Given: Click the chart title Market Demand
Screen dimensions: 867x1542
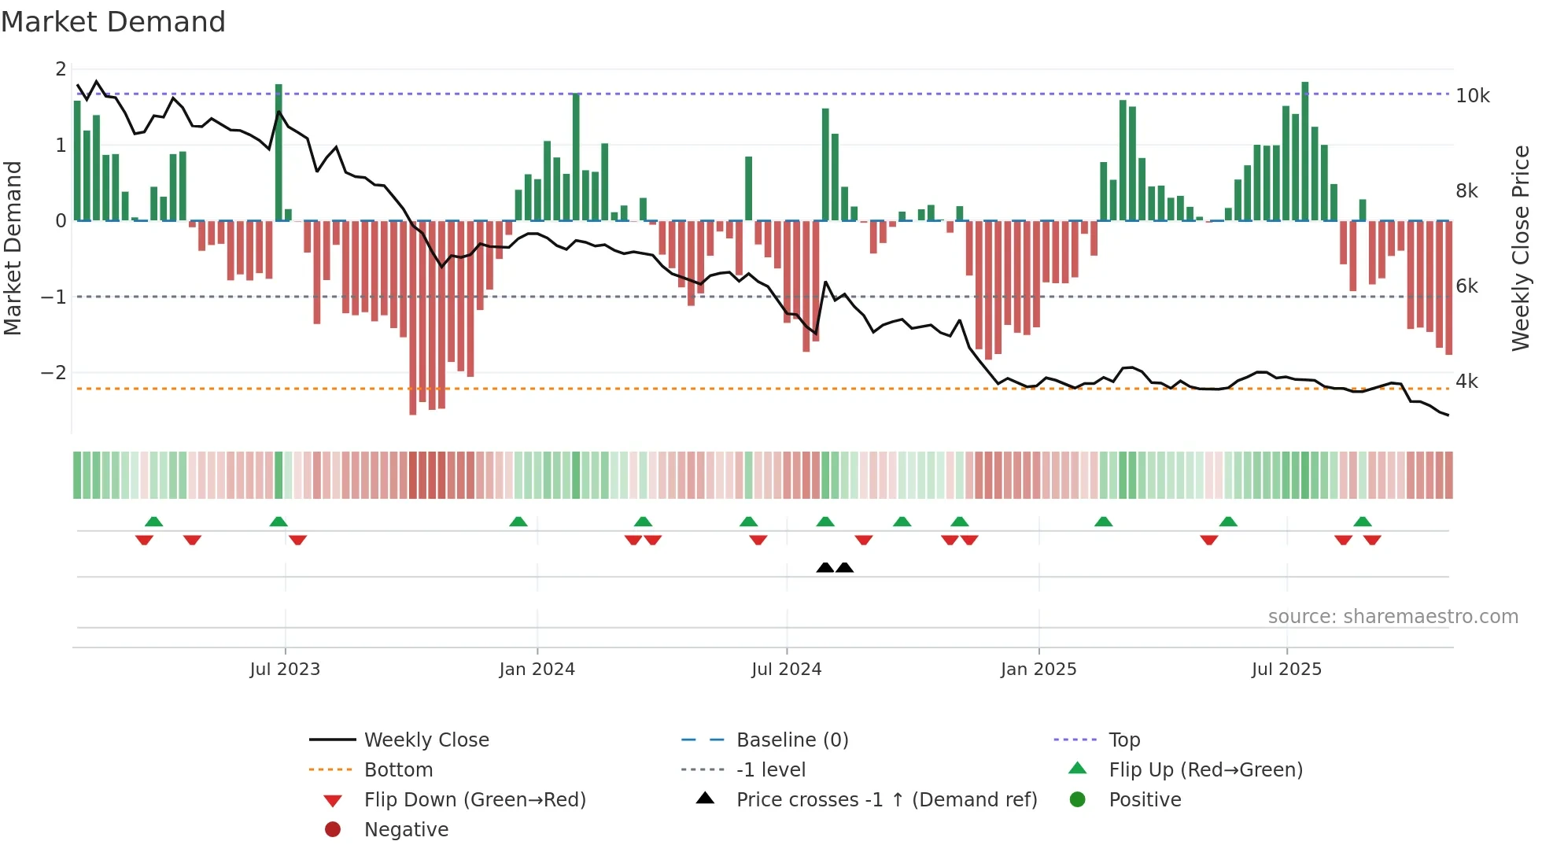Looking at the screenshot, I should [x=113, y=21].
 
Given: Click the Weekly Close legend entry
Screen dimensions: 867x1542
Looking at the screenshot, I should [x=426, y=740].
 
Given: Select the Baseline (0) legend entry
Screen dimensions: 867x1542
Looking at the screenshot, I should [x=791, y=740].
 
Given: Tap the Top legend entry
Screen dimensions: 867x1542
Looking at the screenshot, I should [x=1123, y=740].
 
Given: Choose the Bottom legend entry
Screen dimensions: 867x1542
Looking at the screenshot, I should [x=398, y=769].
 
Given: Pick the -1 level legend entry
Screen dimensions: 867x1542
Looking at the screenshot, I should [x=770, y=769].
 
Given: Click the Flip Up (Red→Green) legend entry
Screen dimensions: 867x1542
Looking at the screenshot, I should [x=1204, y=769].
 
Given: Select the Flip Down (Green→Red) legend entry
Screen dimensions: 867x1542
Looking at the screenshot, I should [x=474, y=799].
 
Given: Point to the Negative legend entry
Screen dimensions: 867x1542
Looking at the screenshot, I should [x=406, y=829].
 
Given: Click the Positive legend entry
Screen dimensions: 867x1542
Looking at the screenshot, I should [x=1144, y=799].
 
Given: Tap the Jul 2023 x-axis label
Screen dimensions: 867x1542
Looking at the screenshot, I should [x=285, y=669].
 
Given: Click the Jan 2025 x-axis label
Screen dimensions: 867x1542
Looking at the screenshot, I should [x=1038, y=669].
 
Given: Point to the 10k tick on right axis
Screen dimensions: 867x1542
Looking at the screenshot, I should [x=1472, y=96].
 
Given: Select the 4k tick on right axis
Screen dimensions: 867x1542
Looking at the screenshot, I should [x=1466, y=382].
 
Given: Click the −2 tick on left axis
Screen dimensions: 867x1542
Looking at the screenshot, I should [x=53, y=372].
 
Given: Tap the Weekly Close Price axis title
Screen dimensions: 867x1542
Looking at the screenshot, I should [x=1520, y=248].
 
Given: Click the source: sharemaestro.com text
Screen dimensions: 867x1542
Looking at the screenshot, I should [x=1393, y=616].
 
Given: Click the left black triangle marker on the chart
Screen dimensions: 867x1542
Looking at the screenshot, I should [x=824, y=567].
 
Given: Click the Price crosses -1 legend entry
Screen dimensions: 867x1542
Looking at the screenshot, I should [x=886, y=799].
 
